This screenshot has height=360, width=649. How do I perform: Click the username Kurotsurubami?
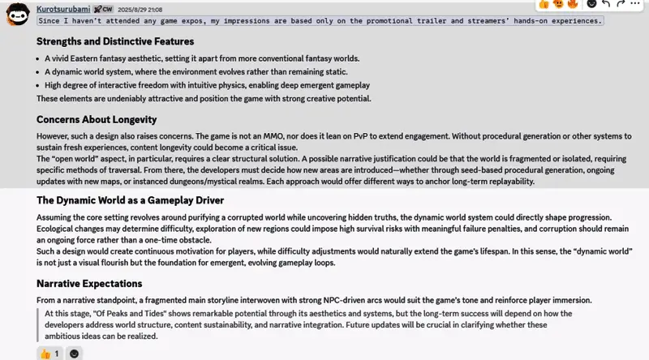[63, 7]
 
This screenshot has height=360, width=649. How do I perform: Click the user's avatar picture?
[16, 15]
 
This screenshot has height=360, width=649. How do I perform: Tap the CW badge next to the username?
[105, 8]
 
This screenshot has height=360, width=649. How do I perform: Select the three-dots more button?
[639, 4]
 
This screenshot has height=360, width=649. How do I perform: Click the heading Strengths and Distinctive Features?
[115, 41]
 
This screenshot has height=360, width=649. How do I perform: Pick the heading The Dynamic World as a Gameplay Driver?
[130, 200]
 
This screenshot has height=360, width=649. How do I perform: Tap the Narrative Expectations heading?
[89, 283]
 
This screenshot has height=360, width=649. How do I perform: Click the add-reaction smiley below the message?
[75, 354]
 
